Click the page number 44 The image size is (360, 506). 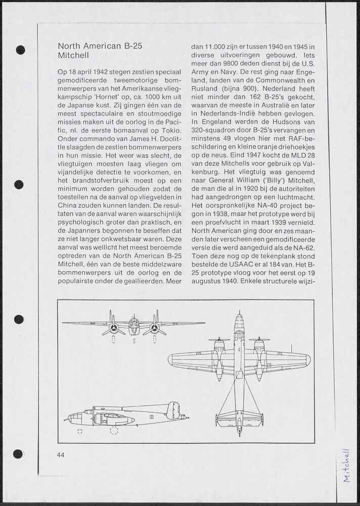click(61, 454)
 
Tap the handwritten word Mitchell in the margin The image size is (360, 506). click(346, 465)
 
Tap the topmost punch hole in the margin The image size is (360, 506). click(20, 50)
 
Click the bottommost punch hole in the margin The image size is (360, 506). click(18, 453)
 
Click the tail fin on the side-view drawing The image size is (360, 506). click(173, 410)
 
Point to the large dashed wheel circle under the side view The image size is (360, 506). click(114, 430)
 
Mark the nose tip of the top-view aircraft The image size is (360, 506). click(240, 314)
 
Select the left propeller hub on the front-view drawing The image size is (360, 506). click(114, 328)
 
